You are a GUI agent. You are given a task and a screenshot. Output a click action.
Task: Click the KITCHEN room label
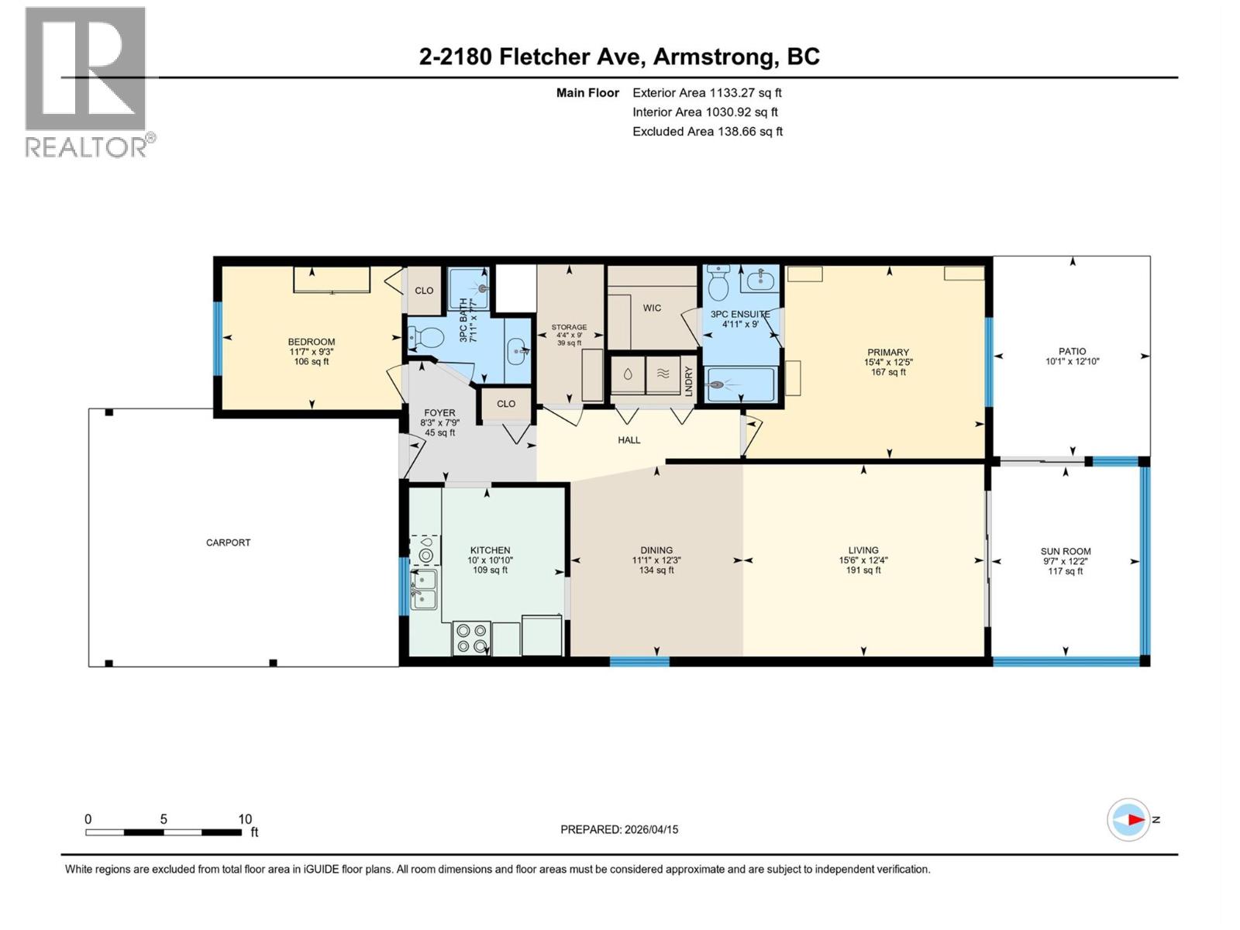[490, 550]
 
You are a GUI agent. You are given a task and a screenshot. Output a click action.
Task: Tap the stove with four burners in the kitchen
[471, 639]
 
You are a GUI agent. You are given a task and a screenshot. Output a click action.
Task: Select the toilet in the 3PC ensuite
[718, 285]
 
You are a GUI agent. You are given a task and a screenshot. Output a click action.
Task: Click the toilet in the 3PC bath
[425, 337]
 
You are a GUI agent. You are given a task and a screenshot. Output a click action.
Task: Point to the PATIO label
[1072, 351]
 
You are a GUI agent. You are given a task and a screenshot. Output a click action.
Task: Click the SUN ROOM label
[1065, 552]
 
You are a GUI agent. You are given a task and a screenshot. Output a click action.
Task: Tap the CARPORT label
[228, 542]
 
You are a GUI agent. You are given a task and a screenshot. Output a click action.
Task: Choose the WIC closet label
[652, 308]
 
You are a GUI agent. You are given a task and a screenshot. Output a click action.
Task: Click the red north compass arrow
[1135, 819]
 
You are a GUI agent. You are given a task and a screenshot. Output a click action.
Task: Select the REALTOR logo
[87, 81]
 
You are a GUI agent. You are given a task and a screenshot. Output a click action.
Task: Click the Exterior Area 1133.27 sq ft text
[707, 93]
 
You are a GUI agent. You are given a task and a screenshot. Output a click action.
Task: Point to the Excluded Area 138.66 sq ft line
[707, 132]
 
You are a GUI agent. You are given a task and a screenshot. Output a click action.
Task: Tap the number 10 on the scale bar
[245, 819]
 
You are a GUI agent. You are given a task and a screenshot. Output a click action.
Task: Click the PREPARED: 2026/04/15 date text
[619, 829]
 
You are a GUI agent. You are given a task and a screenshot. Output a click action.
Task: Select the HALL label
[629, 440]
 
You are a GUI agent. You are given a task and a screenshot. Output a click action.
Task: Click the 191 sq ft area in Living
[863, 570]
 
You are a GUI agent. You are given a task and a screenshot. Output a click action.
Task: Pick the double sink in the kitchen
[424, 589]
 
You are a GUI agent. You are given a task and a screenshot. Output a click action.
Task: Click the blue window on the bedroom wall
[218, 337]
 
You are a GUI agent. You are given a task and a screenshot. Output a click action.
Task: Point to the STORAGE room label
[569, 328]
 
